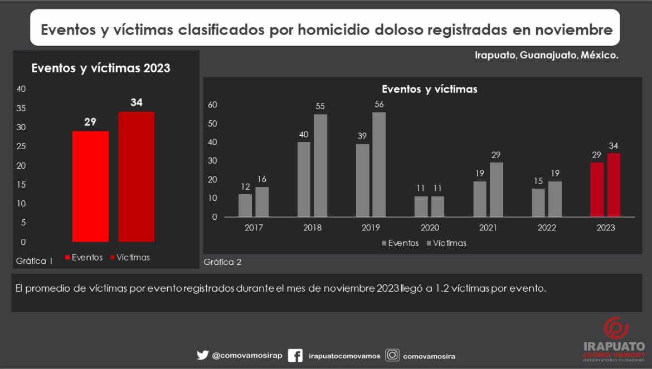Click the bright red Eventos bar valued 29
pos(90,186)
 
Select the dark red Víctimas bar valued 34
pos(137,177)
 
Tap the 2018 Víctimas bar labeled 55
pos(320,165)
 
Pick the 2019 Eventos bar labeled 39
pos(362,180)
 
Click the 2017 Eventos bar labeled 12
pos(245,205)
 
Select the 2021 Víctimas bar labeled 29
pos(497,189)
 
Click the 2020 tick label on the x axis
pos(430,228)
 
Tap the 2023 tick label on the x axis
pos(606,228)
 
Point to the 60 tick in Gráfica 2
pos(212,105)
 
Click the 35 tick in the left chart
pos(21,108)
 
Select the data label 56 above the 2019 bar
pos(379,104)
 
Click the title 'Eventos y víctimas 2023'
pos(101,68)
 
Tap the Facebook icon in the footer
pos(295,355)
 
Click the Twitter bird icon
pos(202,355)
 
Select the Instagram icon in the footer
pos(392,355)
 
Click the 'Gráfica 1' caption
pos(35,260)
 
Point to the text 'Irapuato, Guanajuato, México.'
pos(547,56)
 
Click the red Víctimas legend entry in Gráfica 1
pos(130,257)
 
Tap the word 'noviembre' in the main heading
pos(573,29)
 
